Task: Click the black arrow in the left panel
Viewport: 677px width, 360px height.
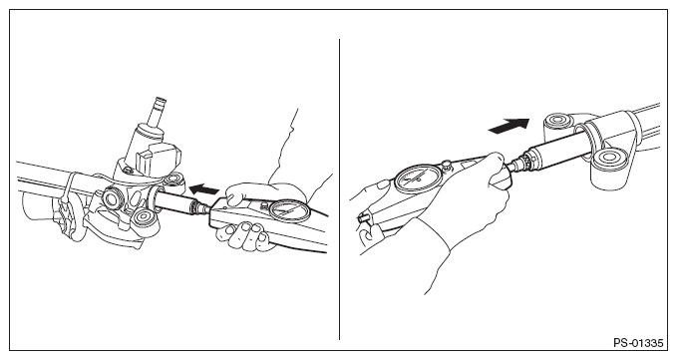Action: pos(204,189)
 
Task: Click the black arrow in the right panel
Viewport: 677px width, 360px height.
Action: pos(508,126)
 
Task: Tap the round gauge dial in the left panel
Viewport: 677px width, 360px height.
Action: pos(289,211)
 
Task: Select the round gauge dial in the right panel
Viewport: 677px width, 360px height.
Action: pos(419,179)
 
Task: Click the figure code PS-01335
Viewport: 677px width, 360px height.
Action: pos(638,343)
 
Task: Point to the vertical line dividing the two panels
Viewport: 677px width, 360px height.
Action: pos(339,189)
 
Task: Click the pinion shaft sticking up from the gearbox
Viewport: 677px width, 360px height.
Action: pos(157,113)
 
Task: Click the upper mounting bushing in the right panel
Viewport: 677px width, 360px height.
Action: pos(559,123)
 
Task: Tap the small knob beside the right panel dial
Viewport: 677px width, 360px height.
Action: pos(448,165)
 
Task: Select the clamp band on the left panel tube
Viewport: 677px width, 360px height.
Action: pos(67,189)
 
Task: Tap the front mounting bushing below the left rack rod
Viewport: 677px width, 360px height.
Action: pos(143,217)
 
